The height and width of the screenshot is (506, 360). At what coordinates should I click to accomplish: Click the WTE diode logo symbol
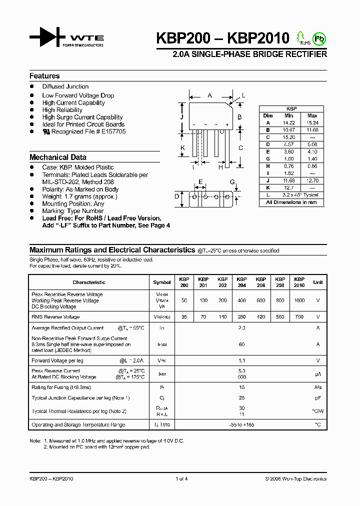47,38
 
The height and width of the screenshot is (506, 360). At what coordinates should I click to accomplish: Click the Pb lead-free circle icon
318,38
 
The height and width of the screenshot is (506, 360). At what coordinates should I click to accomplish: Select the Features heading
44,76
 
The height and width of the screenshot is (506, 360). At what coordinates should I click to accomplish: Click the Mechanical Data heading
57,157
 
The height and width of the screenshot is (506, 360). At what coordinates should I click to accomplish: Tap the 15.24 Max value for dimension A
312,122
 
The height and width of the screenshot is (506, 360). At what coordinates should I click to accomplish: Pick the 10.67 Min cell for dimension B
288,130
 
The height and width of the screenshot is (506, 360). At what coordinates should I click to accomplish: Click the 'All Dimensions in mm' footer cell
291,202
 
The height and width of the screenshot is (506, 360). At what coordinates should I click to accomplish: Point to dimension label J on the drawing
182,117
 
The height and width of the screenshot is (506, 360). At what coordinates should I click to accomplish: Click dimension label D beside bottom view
176,196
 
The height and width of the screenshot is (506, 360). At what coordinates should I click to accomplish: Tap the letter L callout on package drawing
243,95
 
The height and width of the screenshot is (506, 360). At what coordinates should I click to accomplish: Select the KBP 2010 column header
299,282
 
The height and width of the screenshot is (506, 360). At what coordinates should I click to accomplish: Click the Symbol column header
161,282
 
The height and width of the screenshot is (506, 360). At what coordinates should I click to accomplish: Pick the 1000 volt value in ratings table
299,300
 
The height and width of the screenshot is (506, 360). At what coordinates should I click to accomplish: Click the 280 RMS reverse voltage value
241,317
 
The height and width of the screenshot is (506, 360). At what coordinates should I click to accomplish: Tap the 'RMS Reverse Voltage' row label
55,317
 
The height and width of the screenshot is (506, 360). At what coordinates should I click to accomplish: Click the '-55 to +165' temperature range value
241,425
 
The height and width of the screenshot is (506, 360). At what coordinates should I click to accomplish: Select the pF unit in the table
317,398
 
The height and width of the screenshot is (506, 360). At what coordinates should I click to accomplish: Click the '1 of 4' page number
181,479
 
